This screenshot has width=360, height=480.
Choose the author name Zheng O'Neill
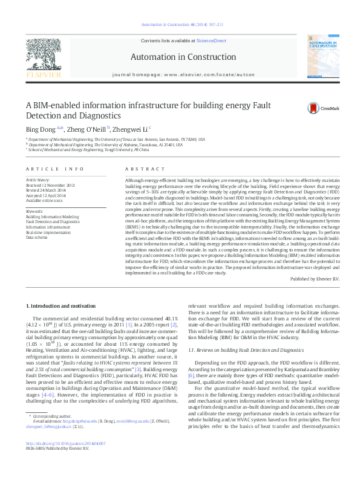(x=87, y=128)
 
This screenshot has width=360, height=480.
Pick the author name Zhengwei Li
(x=131, y=128)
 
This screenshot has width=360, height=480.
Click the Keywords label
(x=34, y=211)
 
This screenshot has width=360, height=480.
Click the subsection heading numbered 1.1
(x=245, y=349)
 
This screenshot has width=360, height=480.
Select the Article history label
(x=38, y=180)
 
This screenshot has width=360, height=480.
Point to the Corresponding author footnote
(x=53, y=433)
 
